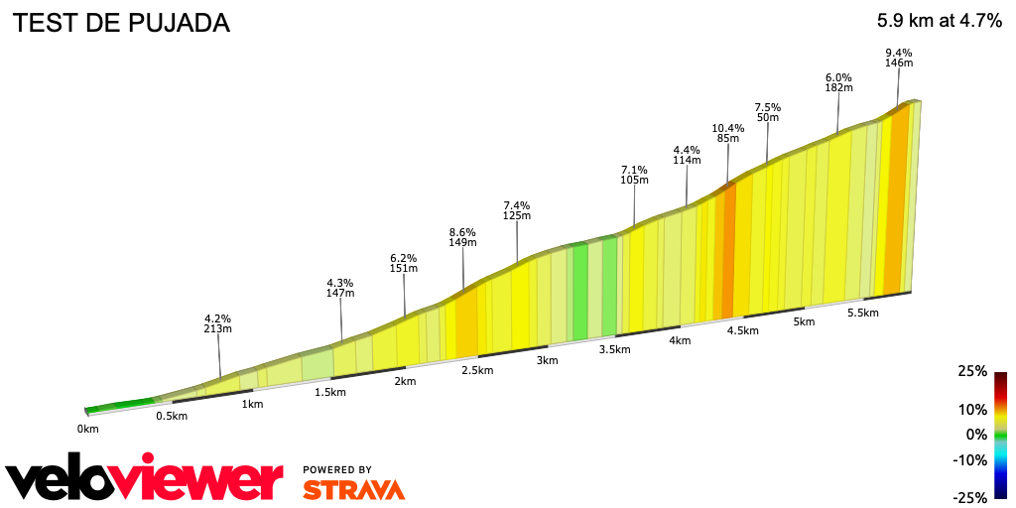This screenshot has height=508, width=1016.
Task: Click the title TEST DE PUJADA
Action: [x=120, y=23]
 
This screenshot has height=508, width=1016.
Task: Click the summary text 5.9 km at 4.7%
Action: [x=939, y=21]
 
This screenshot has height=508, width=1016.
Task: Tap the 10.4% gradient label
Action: [x=727, y=128]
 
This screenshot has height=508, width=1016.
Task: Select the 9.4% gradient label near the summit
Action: [x=898, y=53]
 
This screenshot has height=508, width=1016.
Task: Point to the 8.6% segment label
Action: [x=463, y=231]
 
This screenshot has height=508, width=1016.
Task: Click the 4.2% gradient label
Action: [x=217, y=318]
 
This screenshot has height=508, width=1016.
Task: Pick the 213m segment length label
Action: [x=217, y=329]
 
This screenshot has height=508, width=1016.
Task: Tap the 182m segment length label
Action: [x=838, y=87]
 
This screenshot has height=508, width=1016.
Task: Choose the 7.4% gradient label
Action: [x=517, y=204]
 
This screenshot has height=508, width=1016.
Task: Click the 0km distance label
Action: [x=88, y=429]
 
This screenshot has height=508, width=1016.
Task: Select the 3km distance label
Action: [x=547, y=360]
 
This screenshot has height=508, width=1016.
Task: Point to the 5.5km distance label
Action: [x=863, y=313]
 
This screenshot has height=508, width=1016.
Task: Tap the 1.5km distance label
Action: [x=330, y=392]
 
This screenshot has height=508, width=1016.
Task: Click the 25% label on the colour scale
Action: [x=972, y=371]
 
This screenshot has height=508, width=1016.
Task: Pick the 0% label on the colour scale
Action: [x=976, y=435]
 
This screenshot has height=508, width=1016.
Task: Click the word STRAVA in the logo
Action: [x=353, y=490]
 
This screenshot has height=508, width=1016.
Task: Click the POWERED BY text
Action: [x=337, y=469]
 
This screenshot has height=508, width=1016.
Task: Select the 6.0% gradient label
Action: [x=838, y=76]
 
